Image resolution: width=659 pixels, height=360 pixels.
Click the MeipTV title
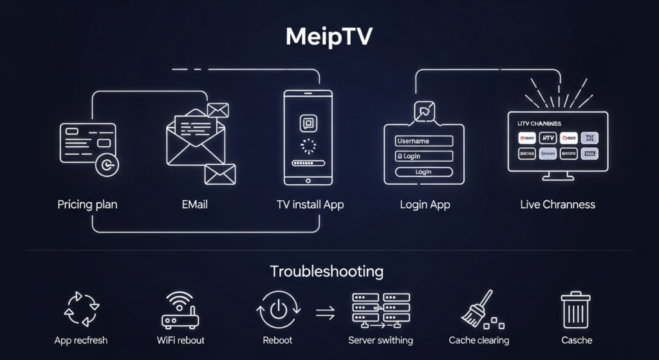tap(329, 37)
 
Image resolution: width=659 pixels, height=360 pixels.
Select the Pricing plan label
tap(88, 205)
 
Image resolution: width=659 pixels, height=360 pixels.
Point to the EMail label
tap(194, 205)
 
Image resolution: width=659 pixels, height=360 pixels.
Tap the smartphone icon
tap(309, 138)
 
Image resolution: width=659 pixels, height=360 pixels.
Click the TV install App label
tap(310, 205)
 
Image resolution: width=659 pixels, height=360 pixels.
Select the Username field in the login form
tap(424, 141)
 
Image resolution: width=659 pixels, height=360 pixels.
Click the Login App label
tap(425, 205)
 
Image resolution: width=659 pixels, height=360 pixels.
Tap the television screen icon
tap(557, 143)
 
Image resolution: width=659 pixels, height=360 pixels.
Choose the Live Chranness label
tap(557, 205)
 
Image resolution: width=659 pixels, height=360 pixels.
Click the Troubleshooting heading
tap(326, 271)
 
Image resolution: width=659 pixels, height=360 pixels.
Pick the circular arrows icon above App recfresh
tap(82, 309)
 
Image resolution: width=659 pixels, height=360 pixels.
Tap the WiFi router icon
tap(180, 310)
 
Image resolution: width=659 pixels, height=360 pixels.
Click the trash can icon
tap(575, 310)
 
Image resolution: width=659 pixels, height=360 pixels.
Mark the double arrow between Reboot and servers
tap(325, 312)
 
